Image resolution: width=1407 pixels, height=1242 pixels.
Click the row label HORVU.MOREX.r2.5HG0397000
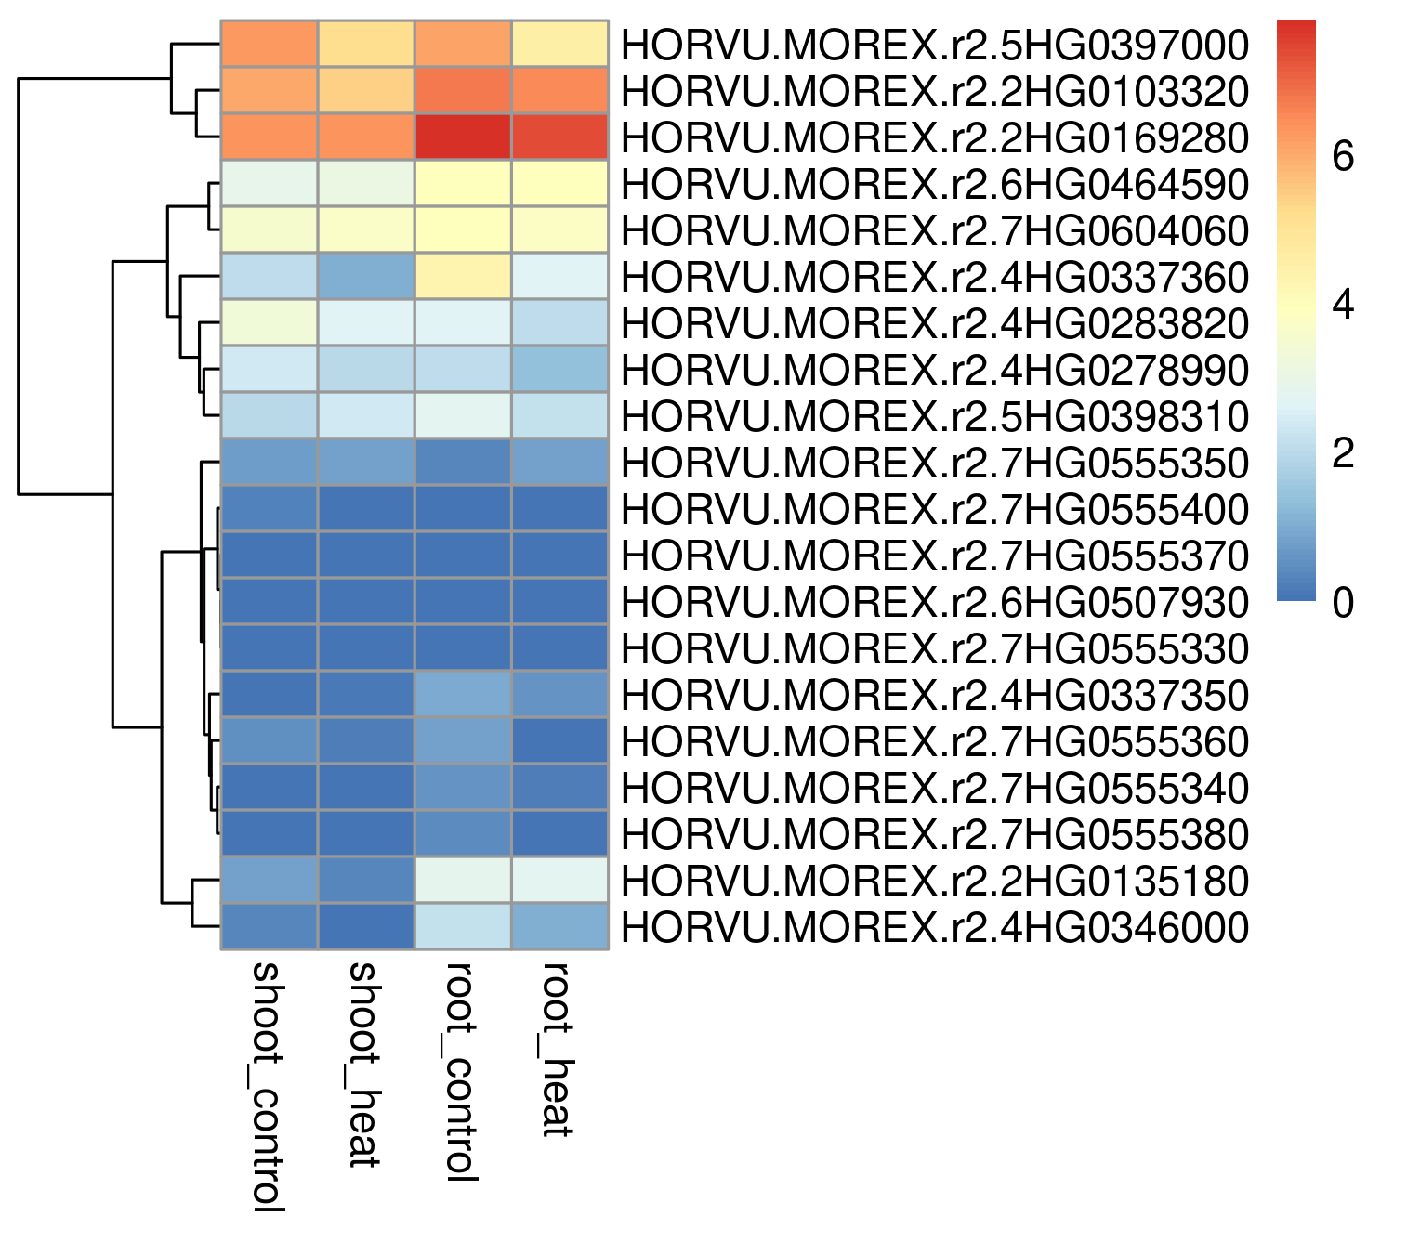pyautogui.click(x=935, y=46)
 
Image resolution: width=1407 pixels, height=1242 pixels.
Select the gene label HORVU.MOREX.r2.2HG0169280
pyautogui.click(x=935, y=138)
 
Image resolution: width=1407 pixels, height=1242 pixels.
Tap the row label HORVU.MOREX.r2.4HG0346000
pyautogui.click(x=935, y=927)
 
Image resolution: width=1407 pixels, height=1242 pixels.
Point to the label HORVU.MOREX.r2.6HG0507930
pyautogui.click(x=935, y=603)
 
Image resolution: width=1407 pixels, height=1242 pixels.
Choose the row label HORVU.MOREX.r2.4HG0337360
pyautogui.click(x=935, y=278)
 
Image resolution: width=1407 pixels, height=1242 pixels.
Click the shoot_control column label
pyautogui.click(x=268, y=1087)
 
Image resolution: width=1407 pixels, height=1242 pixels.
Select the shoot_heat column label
pyautogui.click(x=364, y=1066)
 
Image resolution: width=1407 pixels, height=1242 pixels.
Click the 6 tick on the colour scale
pyautogui.click(x=1343, y=155)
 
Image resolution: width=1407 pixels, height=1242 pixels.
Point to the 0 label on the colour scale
pyautogui.click(x=1343, y=602)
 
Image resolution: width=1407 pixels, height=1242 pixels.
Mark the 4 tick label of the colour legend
pyautogui.click(x=1343, y=304)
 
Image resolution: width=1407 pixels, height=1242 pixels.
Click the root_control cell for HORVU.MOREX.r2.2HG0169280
pyautogui.click(x=463, y=137)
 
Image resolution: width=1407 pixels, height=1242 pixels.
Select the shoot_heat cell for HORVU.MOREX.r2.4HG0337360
pyautogui.click(x=367, y=276)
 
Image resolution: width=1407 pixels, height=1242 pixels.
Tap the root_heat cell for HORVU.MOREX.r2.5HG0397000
pyautogui.click(x=559, y=44)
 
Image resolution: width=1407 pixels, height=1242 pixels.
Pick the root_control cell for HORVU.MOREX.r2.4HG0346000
pyautogui.click(x=463, y=926)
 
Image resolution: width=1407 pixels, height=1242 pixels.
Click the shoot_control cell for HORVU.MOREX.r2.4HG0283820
pyautogui.click(x=270, y=323)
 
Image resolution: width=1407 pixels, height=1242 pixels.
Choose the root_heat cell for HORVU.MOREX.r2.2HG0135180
pyautogui.click(x=559, y=880)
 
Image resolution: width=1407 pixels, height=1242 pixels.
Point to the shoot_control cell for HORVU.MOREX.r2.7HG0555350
pyautogui.click(x=270, y=462)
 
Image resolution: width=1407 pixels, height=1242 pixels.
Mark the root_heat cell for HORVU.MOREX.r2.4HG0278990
pyautogui.click(x=559, y=369)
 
